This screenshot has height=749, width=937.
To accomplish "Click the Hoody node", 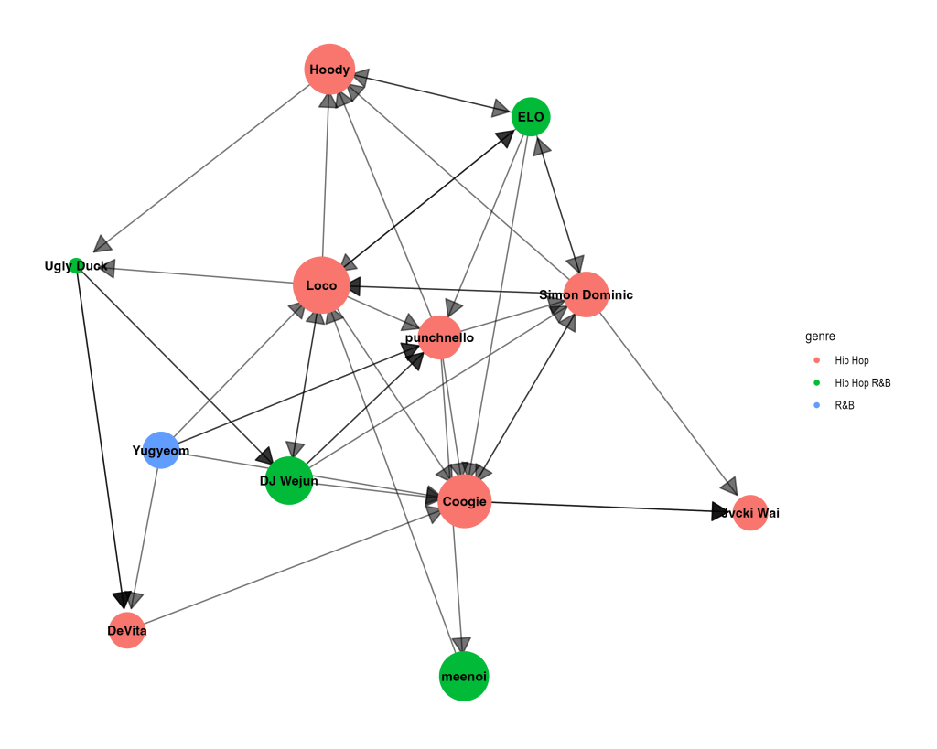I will coord(329,70).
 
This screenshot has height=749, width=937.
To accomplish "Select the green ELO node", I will coord(531,116).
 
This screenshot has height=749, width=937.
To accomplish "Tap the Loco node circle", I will coord(321,285).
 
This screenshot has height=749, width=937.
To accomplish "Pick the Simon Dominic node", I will coord(586,294).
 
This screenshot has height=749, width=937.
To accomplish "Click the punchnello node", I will coord(440,337).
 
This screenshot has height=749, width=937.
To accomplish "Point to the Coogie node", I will coord(465,501).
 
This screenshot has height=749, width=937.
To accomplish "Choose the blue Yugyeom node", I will coord(161,450).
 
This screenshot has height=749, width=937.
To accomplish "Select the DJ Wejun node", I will coord(289,480).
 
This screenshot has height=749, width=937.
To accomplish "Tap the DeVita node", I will coord(127,630).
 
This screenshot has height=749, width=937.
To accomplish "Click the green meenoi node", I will coord(464,677).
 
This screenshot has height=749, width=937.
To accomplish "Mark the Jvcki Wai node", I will coord(750,513).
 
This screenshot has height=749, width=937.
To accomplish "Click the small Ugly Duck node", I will coord(77,266).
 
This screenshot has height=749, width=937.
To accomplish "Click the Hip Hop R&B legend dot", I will coord(817,383).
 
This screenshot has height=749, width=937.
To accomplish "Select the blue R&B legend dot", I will coord(817,405).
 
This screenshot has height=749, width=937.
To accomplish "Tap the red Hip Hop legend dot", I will coord(817,361).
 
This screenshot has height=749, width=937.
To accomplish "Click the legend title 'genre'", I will coord(820,337).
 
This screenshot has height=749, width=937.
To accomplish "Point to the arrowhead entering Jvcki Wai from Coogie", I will coord(723,511).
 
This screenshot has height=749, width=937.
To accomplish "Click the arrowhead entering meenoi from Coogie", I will coord(461,644).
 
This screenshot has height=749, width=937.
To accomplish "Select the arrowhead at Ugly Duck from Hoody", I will coord(102,242).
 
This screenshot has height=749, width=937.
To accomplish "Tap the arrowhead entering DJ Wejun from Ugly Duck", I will coord(264,455).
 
